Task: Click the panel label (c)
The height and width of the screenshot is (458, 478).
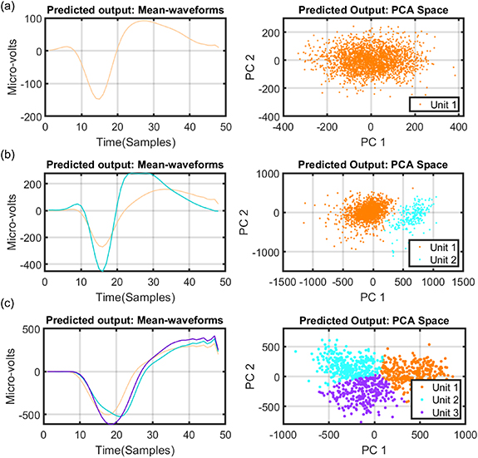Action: [x=10, y=311]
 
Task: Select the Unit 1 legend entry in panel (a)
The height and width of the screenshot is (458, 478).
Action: [x=433, y=105]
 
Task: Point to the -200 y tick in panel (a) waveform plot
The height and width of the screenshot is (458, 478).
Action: [x=29, y=117]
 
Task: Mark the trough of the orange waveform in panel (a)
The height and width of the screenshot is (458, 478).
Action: [x=98, y=99]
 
